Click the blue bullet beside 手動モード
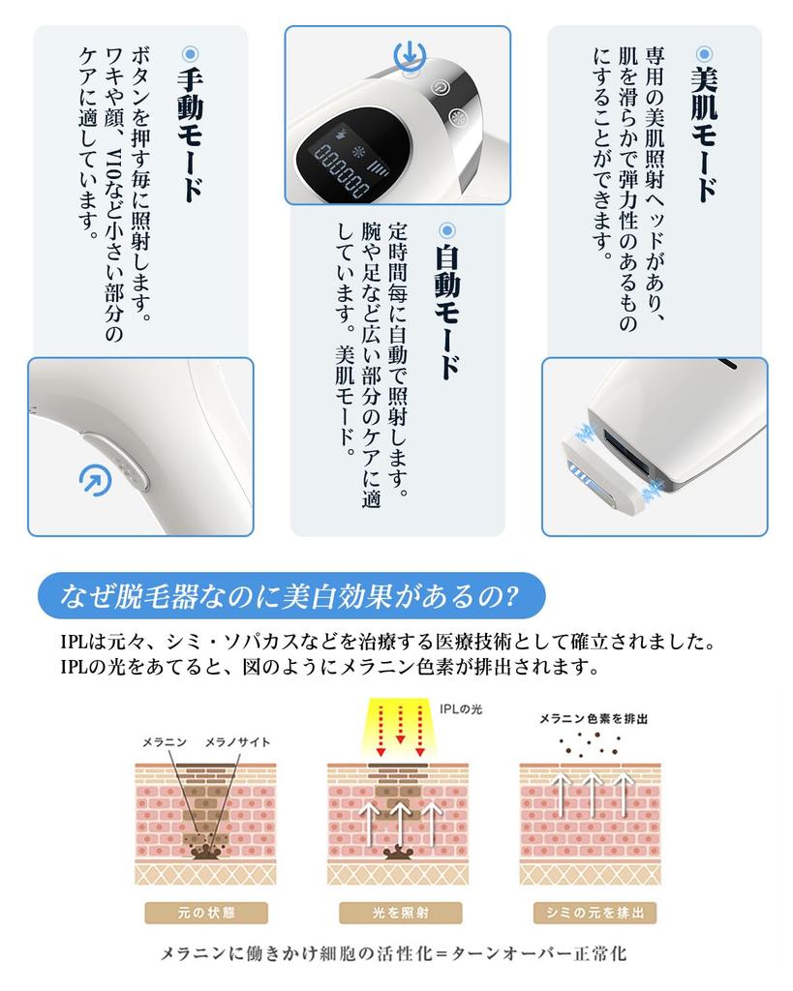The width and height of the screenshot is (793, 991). point(190,53)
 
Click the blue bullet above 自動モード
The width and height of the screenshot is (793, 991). point(446,230)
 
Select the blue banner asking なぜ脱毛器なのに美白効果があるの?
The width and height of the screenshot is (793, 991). point(290,595)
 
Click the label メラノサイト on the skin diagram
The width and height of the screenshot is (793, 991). point(237,742)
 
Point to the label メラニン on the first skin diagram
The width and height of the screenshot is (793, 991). point(164,742)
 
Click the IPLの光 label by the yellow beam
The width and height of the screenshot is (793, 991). point(460,709)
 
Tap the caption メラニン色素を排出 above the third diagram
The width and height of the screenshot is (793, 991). point(594,720)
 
